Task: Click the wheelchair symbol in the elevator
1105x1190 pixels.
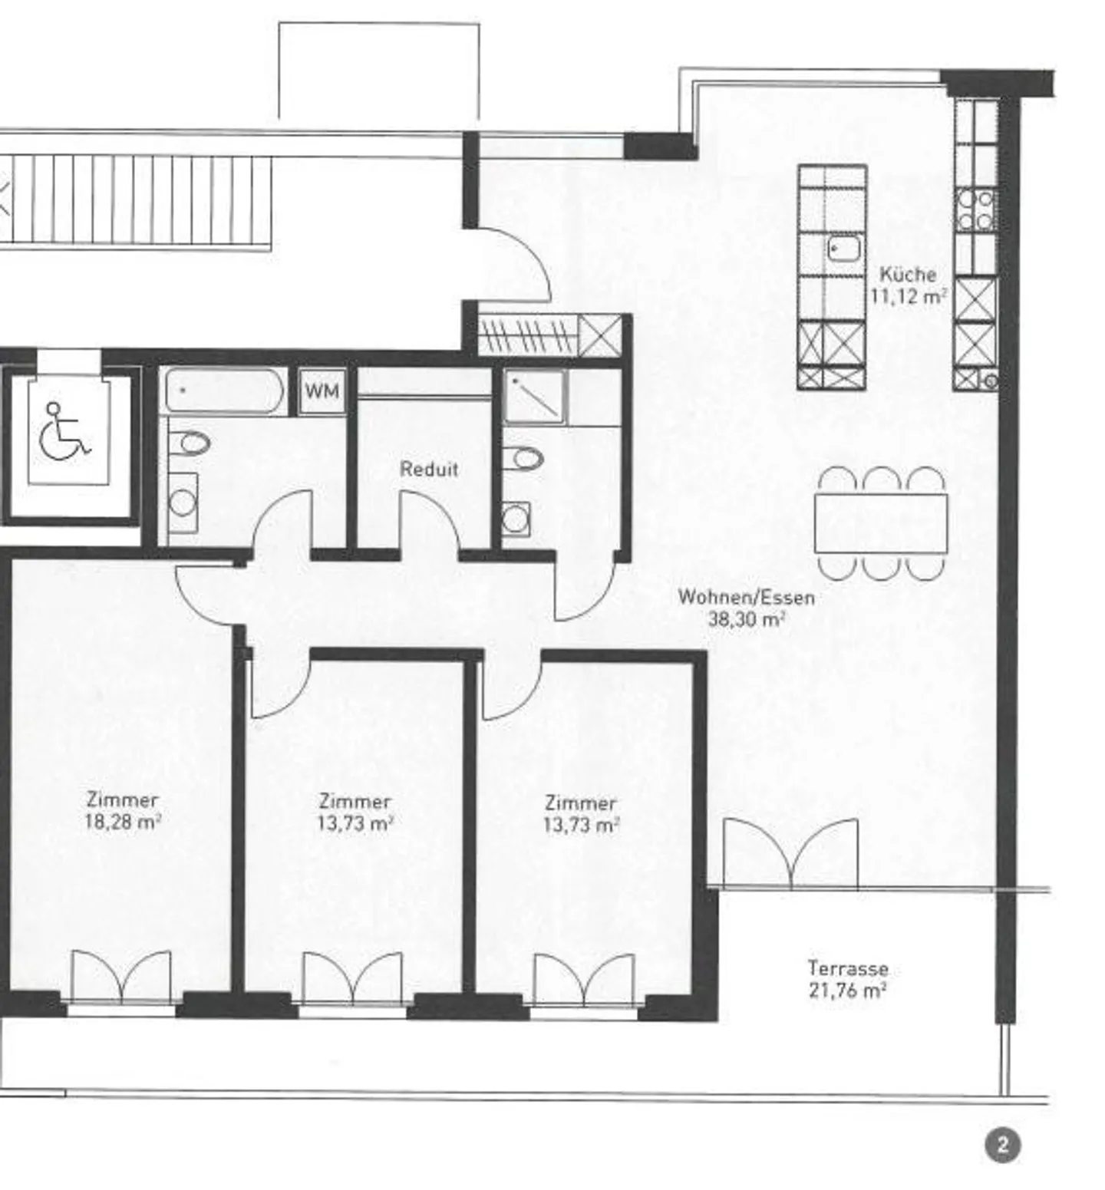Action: [x=64, y=433]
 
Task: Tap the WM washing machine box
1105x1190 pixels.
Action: [x=322, y=391]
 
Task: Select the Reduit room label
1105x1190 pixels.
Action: [x=429, y=469]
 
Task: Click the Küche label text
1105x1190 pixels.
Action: [x=908, y=274]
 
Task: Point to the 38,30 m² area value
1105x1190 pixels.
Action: [x=746, y=619]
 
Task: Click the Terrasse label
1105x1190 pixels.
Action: [x=847, y=968]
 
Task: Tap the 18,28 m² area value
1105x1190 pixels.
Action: [x=123, y=822]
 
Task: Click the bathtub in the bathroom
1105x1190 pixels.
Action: [x=224, y=391]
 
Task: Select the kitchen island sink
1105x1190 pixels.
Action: [x=845, y=248]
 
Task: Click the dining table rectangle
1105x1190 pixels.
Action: [x=881, y=523]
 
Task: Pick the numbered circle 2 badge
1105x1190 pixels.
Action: [x=1002, y=1146]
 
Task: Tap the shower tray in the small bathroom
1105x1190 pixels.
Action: [x=536, y=397]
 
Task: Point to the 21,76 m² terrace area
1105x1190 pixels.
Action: [x=847, y=991]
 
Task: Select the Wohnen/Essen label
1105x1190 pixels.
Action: [x=746, y=597]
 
